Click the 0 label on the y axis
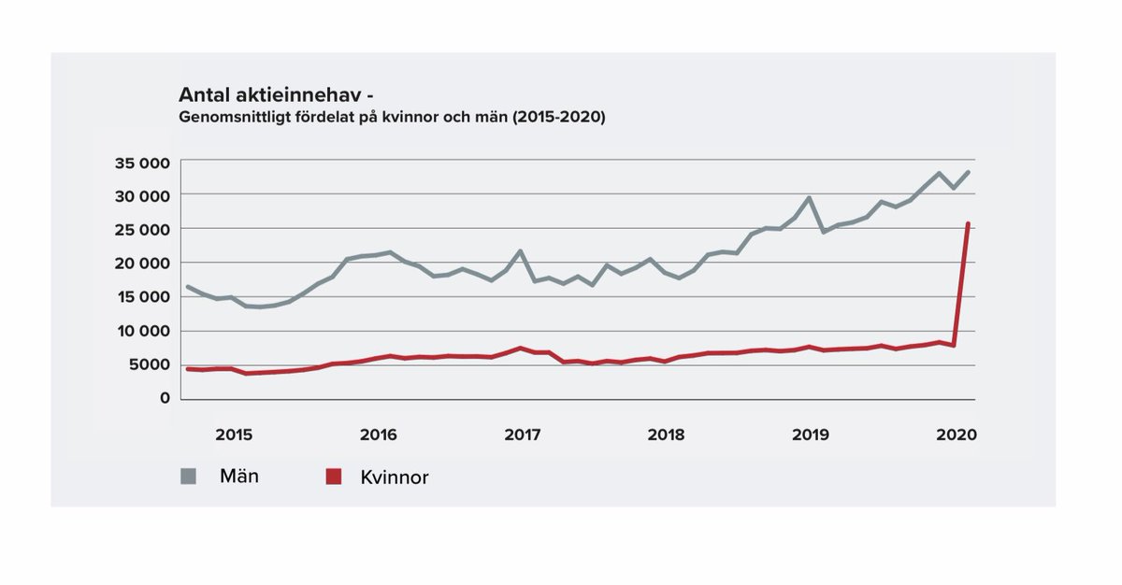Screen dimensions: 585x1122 coord(164,398)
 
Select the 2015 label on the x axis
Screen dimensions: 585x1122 coord(234,435)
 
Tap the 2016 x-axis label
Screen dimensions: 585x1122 coord(378,435)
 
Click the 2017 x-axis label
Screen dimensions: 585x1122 coord(523,435)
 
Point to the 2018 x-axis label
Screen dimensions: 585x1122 coord(666,435)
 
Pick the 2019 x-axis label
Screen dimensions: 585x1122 coord(811,435)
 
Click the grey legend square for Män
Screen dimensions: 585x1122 coord(189,477)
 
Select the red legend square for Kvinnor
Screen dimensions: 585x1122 coord(332,478)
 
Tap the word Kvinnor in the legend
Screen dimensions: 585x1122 coord(394,478)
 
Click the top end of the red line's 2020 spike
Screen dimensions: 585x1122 coord(968,223)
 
